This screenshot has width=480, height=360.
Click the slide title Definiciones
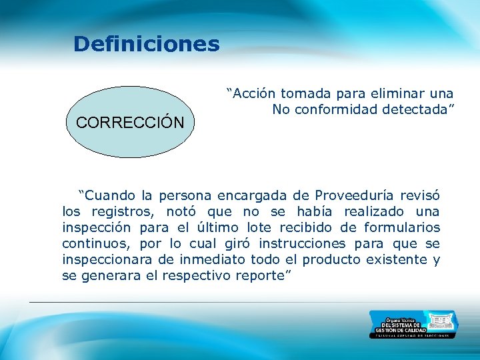click(x=146, y=44)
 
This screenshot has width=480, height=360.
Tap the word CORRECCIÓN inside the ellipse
click(x=130, y=123)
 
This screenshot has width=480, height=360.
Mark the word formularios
click(x=406, y=228)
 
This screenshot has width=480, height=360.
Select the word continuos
click(x=90, y=244)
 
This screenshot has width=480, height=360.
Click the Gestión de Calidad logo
click(x=413, y=324)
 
